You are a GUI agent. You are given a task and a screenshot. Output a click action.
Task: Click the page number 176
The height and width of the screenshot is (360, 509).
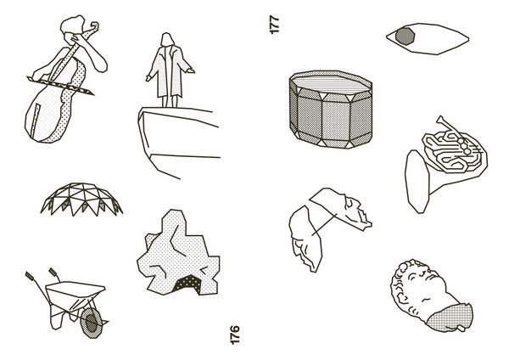point(234,335)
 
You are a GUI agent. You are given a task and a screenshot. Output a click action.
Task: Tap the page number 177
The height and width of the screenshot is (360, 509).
point(274,25)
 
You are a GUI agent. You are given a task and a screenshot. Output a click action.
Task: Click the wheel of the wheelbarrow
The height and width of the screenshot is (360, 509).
point(92,323)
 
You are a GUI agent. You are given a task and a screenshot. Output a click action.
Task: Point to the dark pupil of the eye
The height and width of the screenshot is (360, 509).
point(406,36)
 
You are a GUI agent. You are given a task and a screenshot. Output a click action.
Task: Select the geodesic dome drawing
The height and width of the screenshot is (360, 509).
point(81,199)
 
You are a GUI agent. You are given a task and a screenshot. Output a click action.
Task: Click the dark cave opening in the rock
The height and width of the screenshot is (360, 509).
point(187,284)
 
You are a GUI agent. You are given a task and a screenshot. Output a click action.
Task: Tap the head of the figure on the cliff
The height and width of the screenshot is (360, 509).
point(167,39)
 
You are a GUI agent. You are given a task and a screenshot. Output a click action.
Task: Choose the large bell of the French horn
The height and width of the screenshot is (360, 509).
point(417,182)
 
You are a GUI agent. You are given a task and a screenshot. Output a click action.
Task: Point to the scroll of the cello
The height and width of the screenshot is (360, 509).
point(93,26)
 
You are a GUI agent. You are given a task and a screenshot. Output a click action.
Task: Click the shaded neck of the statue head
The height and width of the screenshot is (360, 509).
point(450,317)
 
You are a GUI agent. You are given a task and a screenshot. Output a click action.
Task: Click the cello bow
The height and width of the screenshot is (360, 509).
point(60,85)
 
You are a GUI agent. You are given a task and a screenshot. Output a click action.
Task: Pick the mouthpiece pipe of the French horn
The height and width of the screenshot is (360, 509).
point(449,125)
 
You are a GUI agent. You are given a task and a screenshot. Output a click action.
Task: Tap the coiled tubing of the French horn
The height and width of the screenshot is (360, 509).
point(454,152)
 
